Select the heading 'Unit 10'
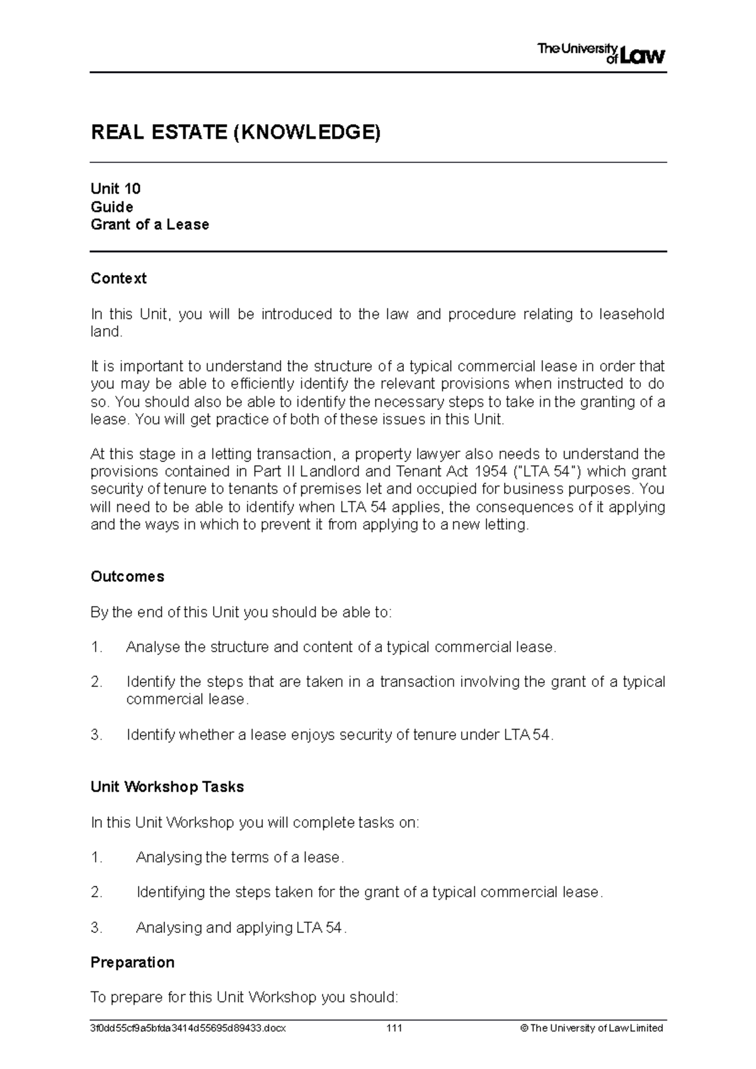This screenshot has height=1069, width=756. tap(115, 189)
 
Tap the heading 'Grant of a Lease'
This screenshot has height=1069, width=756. tap(149, 225)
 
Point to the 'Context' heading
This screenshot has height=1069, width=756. tap(118, 278)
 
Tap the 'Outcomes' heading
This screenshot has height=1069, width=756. tap(127, 577)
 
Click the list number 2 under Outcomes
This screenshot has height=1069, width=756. tap(96, 682)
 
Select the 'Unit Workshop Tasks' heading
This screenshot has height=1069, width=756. tap(167, 787)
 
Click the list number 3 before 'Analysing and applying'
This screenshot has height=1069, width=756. tap(96, 927)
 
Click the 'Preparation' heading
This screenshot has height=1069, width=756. tap(132, 963)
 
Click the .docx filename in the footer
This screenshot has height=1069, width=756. tap(188, 1028)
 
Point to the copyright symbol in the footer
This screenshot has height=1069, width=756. tap(524, 1028)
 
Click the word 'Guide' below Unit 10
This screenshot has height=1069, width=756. tap(112, 207)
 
